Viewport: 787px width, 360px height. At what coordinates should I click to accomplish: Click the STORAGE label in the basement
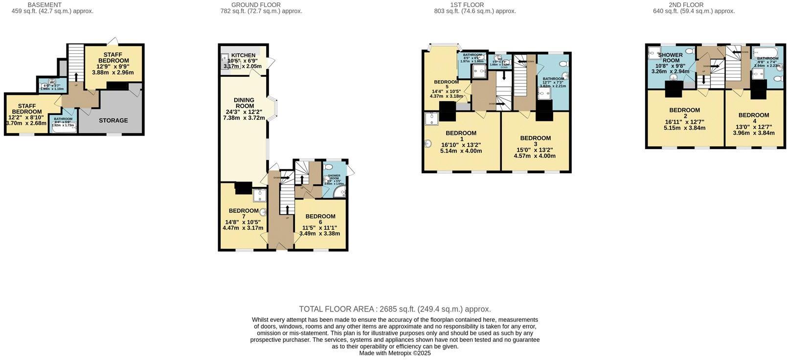click(x=113, y=120)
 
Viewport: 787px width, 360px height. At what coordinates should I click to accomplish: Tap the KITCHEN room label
click(x=243, y=55)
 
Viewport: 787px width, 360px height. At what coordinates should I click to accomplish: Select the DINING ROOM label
click(x=245, y=103)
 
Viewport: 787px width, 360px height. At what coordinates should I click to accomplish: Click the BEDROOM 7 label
click(x=244, y=213)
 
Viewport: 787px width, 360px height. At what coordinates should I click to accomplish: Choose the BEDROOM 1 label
click(x=461, y=136)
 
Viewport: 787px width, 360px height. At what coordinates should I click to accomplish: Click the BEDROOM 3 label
click(x=535, y=141)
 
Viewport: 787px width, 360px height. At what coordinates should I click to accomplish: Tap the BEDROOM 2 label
click(x=684, y=113)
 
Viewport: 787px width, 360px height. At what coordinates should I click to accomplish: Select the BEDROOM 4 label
click(x=754, y=118)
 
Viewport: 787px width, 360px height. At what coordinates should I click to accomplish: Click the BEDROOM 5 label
click(x=446, y=84)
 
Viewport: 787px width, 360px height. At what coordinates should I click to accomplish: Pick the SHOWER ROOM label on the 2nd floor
click(x=670, y=58)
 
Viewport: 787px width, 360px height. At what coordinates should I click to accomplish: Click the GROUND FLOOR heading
click(x=256, y=5)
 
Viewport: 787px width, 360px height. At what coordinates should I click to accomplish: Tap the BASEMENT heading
click(x=45, y=5)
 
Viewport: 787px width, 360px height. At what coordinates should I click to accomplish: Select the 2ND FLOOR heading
click(x=686, y=5)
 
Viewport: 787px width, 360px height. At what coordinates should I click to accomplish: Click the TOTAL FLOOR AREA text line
click(x=395, y=309)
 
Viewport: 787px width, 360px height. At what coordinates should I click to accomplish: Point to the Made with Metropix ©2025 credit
click(x=395, y=353)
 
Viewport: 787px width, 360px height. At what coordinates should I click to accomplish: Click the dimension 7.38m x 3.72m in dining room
click(x=244, y=118)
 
